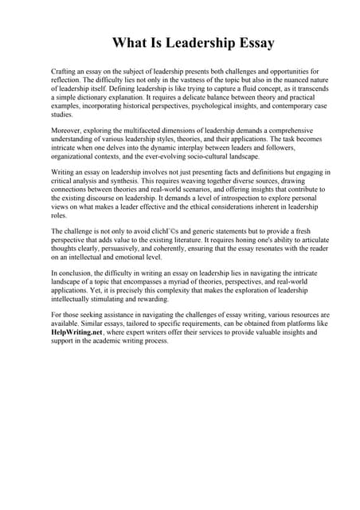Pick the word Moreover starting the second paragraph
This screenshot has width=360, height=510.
(67, 129)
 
